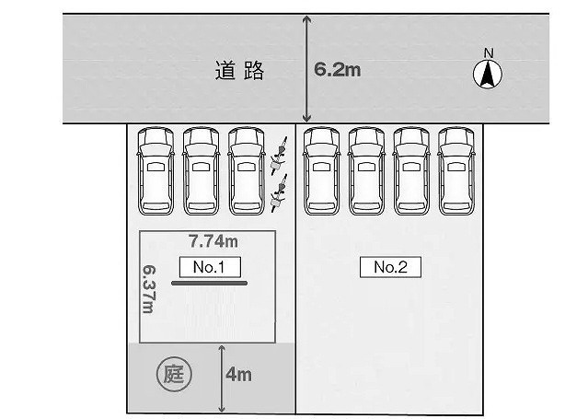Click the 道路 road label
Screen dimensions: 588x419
point(239,70)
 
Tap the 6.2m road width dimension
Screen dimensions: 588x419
point(338,70)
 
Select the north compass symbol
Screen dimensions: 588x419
point(488,75)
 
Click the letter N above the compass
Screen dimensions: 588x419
point(489,53)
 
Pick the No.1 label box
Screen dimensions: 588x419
point(210,267)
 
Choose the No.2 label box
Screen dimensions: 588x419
point(390,267)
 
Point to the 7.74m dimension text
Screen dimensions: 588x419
point(213,241)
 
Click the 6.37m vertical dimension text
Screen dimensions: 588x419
point(149,289)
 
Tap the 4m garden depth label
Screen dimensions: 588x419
point(239,375)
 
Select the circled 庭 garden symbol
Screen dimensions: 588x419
point(174,374)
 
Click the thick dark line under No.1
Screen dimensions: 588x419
point(209,283)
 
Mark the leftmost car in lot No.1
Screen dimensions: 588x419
point(156,171)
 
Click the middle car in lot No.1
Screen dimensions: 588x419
point(201,171)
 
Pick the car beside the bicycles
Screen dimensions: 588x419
point(247,171)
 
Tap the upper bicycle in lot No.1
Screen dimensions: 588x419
point(279,156)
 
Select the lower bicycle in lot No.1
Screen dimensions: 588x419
point(279,193)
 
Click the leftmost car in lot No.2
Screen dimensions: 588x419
point(321,171)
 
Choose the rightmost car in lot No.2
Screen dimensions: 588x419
point(456,171)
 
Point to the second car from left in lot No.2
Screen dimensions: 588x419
point(366,171)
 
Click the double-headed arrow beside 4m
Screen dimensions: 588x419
point(222,378)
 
